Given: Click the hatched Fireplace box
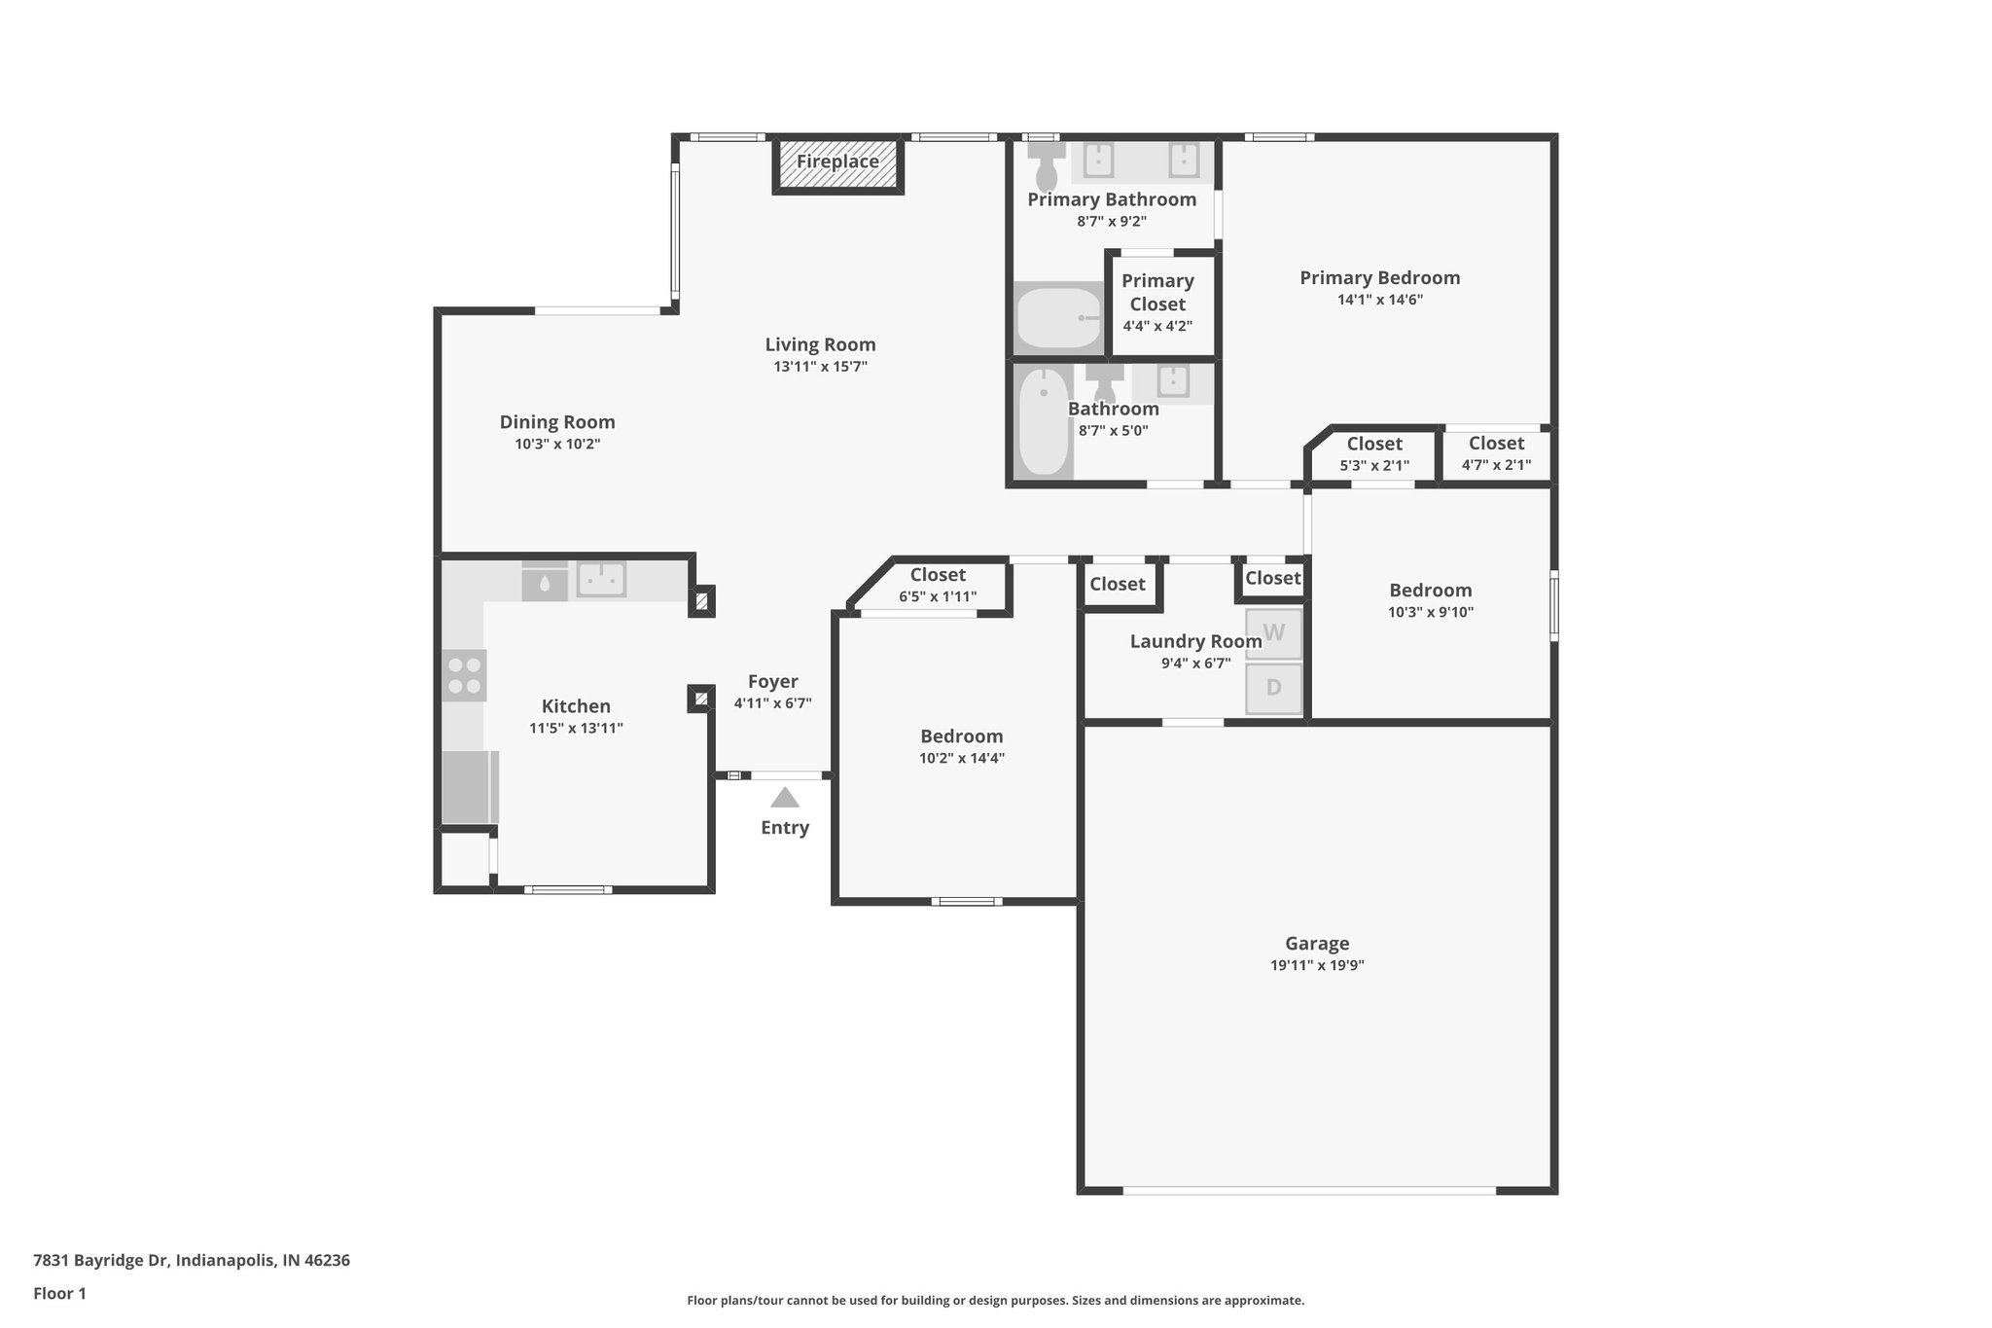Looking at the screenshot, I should click(837, 166).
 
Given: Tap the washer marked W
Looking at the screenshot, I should click(1273, 633).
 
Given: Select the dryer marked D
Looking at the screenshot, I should click(1273, 688).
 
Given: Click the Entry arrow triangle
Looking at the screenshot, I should click(785, 799).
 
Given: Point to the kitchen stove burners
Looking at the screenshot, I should click(464, 675).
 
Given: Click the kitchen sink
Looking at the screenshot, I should click(601, 580).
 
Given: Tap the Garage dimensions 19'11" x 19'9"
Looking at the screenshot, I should click(1317, 966).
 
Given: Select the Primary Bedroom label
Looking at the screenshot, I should click(1379, 278).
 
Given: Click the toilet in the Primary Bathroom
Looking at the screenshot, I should click(1047, 168).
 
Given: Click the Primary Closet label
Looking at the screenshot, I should click(1157, 292).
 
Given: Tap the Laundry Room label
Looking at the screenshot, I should click(1195, 642).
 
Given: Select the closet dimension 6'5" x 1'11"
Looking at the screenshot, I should click(938, 597).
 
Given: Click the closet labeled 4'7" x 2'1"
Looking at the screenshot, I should click(1496, 454).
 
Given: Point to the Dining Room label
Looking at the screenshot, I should click(557, 422).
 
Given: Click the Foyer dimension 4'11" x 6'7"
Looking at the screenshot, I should click(772, 703).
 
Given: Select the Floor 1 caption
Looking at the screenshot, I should click(59, 1294).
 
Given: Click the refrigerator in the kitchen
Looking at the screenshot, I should click(469, 787).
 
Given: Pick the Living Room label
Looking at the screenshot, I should click(820, 344).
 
